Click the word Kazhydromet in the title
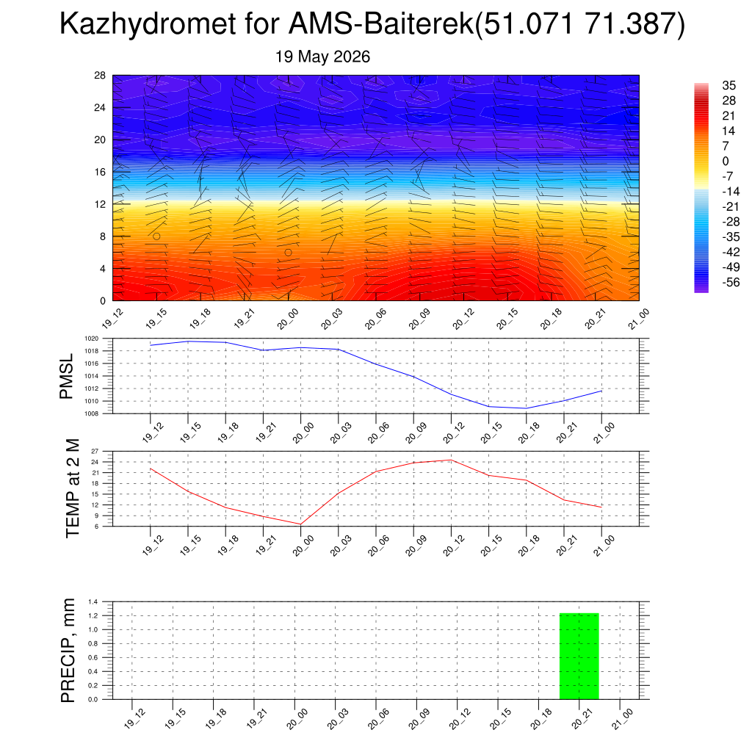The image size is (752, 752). pos(148,23)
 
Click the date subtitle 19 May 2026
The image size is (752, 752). pos(322,57)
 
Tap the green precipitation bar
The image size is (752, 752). pos(579,656)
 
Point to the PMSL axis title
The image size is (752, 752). pos(66,377)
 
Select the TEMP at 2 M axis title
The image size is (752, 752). pos(73,488)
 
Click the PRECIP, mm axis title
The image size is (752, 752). pos(68,651)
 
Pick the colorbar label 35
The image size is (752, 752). pos(728,85)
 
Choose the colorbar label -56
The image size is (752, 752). pos(731,282)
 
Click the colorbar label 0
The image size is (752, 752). pos(726,161)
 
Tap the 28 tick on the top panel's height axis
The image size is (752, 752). pos(100,76)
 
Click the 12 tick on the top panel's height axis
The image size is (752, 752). pos(100,204)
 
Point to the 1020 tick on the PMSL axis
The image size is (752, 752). pos(92,339)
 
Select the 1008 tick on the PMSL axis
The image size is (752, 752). pos(92,413)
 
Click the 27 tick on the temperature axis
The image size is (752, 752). pos(95,452)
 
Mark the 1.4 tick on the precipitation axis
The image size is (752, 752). pos(93,601)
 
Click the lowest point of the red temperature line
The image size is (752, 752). pos(300,524)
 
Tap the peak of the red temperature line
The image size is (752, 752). pos(451,460)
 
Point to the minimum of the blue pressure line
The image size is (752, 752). pos(526,408)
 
